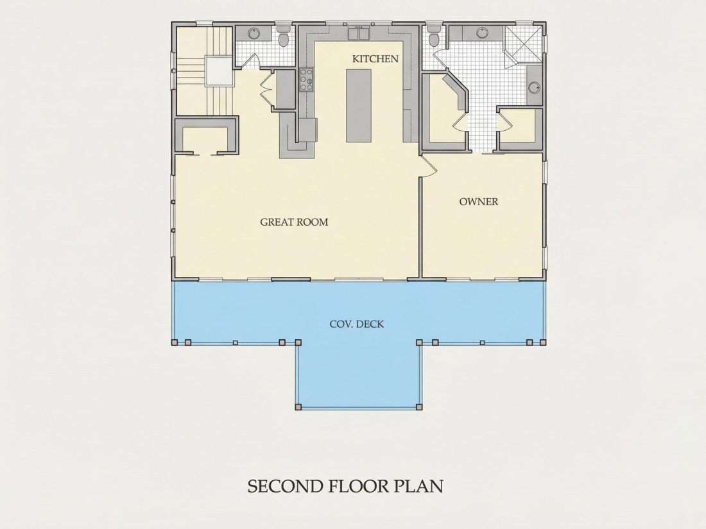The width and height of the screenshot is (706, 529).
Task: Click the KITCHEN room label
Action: point(375,59)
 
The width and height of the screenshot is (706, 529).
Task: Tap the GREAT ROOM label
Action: point(294,222)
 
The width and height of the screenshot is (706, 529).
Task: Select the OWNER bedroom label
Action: point(479,201)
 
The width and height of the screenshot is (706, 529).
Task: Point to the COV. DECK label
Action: point(357,324)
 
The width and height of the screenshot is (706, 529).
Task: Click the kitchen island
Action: point(359,106)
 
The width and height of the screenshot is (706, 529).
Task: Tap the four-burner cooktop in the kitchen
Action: point(306,80)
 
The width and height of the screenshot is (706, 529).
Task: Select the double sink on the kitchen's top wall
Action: point(358,33)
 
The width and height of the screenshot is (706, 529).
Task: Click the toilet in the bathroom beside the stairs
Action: point(284,37)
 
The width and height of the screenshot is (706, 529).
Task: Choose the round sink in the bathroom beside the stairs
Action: point(254,33)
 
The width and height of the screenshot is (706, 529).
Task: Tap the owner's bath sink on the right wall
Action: point(534,87)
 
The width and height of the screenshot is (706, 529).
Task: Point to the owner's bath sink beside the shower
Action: point(482,33)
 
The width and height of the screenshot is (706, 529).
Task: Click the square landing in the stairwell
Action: point(219,71)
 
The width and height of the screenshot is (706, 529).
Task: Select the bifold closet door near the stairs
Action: point(266,88)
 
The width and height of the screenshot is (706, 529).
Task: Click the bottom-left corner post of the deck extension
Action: point(298,407)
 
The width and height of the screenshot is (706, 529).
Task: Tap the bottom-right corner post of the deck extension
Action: point(419,407)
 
